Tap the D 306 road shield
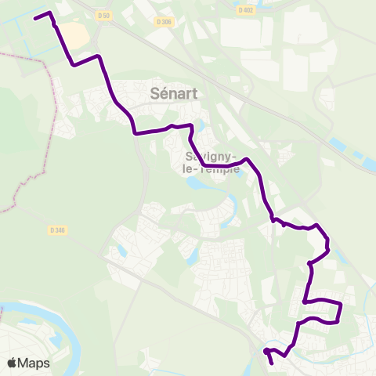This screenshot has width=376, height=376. point(164,22)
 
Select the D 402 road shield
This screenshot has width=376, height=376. point(246,10)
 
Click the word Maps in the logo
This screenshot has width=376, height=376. point(34,363)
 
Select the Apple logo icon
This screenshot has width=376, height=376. point(12,363)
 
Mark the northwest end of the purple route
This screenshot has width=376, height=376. point(36,18)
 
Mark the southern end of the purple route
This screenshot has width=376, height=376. point(272,363)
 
